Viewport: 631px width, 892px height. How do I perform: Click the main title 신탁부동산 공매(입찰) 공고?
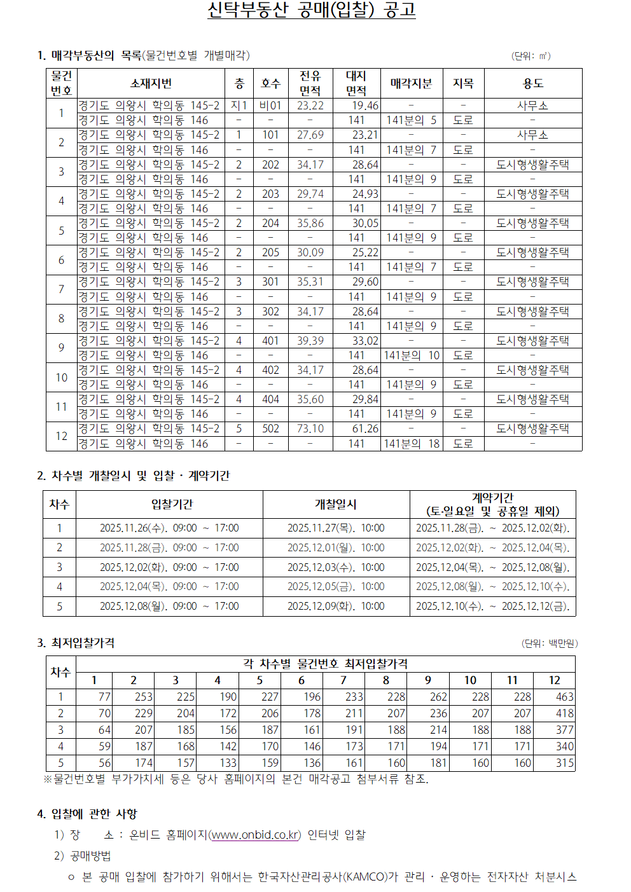[311, 10]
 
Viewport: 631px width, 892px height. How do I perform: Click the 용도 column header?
[532, 83]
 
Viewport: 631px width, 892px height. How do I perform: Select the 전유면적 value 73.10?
[310, 429]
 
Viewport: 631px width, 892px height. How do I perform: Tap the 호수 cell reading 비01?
[270, 106]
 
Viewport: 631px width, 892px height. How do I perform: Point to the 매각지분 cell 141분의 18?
[412, 444]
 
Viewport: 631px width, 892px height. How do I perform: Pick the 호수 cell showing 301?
[270, 282]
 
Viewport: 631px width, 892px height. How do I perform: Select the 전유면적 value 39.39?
[310, 341]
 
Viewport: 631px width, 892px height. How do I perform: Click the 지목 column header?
[463, 83]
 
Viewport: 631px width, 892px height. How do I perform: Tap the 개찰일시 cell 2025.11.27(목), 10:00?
[336, 528]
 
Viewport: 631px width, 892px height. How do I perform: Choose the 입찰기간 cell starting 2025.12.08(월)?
[169, 607]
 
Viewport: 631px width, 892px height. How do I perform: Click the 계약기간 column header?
[492, 504]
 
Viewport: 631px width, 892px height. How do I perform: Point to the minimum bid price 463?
[564, 697]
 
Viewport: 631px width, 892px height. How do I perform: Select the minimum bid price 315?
[564, 763]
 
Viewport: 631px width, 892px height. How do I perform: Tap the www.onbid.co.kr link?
[255, 835]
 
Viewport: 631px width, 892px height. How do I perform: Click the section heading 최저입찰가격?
[83, 643]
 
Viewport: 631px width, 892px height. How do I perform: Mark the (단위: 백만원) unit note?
[549, 643]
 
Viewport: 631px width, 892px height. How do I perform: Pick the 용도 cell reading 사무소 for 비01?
[532, 106]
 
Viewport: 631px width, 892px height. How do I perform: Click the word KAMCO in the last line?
[365, 877]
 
